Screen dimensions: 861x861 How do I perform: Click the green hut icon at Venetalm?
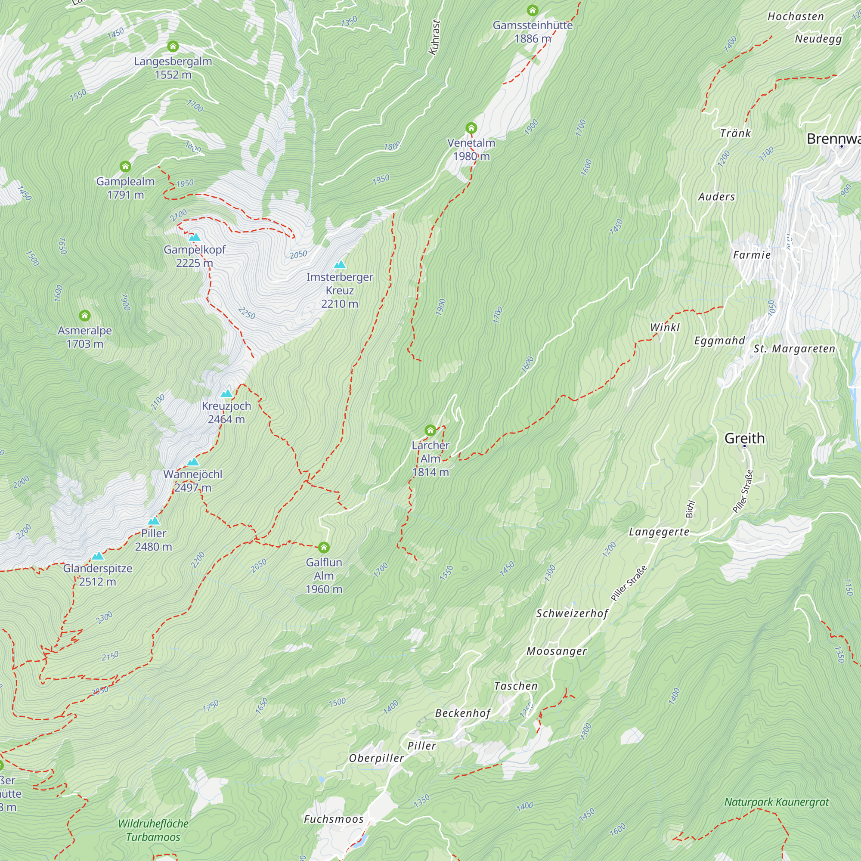coord(471,128)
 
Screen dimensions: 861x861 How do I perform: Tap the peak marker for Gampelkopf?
coord(195,237)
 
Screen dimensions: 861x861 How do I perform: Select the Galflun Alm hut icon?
coord(324,547)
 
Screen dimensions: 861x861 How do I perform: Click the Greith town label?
coord(744,439)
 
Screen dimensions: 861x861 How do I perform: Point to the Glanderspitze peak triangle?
coord(98,556)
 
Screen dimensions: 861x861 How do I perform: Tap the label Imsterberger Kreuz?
coord(340,290)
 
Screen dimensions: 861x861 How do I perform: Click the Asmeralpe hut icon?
coord(85,316)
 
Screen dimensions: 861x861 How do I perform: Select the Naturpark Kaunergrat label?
coord(776,802)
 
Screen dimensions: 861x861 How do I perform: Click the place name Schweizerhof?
coord(572,613)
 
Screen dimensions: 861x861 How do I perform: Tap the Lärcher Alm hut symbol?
coord(430,430)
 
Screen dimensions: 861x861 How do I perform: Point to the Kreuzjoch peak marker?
coord(227,393)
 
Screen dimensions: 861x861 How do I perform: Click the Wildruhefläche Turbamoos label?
coord(153,830)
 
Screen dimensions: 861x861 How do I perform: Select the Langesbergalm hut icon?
coord(173,46)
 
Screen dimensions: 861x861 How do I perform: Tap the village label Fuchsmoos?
coord(333,819)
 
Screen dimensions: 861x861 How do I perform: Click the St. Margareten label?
coord(794,349)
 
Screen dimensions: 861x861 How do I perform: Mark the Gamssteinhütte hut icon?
coord(532,10)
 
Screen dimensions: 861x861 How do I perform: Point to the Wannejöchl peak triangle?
coord(192,462)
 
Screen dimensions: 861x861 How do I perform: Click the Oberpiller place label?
coord(376,759)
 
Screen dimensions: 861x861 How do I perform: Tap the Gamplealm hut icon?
coord(125,167)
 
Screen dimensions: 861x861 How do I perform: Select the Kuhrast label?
coord(434,37)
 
